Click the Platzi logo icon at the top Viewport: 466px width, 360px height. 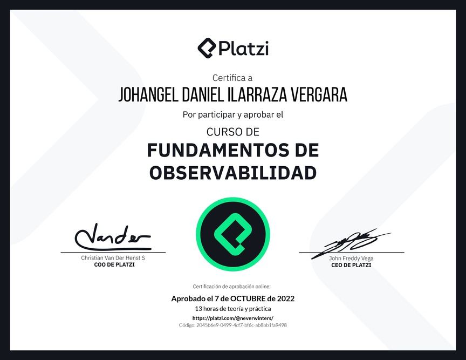click(x=207, y=48)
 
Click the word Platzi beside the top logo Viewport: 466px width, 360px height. click(x=244, y=48)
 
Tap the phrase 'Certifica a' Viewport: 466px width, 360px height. click(x=232, y=78)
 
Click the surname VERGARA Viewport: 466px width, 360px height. click(x=319, y=94)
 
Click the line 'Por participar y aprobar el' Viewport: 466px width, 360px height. click(x=233, y=115)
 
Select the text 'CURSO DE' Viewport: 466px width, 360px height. click(x=233, y=132)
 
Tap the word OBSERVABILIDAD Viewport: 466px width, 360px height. click(x=233, y=173)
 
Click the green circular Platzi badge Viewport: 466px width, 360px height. click(x=233, y=234)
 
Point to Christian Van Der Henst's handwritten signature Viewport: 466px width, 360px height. click(x=113, y=237)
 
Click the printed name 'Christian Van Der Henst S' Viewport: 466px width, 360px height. click(x=113, y=258)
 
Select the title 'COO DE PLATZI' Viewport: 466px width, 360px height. click(x=114, y=265)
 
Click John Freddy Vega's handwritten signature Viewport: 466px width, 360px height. click(x=351, y=243)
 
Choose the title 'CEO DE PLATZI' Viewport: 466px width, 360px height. click(x=351, y=265)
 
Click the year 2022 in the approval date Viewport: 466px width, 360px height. click(x=286, y=298)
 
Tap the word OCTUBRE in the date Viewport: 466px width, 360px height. click(x=248, y=298)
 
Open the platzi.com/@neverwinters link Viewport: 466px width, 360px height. click(x=233, y=318)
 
